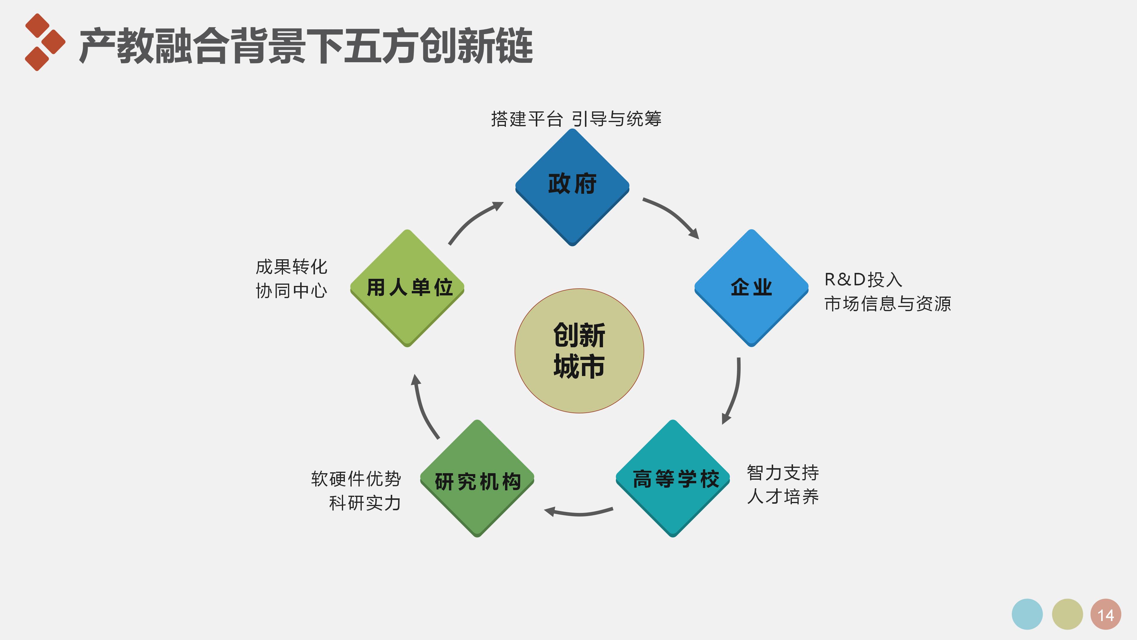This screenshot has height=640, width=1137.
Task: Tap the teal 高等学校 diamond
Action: tap(673, 478)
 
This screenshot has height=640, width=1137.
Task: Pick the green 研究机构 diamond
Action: tap(477, 478)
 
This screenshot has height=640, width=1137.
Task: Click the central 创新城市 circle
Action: tap(579, 351)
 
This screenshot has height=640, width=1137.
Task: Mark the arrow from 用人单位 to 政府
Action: tap(473, 220)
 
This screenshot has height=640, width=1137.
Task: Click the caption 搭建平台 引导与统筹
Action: tap(576, 119)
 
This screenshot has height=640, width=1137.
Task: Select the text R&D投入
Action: tap(863, 280)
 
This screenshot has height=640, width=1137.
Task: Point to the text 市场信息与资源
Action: tap(887, 304)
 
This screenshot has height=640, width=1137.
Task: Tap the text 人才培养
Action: tap(783, 497)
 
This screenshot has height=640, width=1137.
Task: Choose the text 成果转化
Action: tap(291, 267)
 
